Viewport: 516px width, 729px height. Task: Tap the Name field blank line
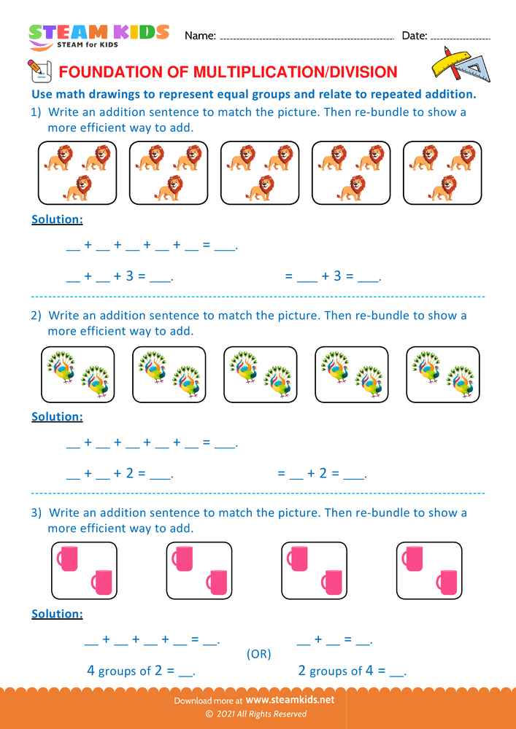point(307,37)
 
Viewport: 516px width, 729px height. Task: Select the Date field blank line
point(461,37)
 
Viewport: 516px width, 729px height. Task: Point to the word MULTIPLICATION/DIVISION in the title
point(295,71)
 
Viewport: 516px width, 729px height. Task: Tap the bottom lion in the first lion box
point(77,188)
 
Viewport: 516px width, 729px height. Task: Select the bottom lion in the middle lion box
point(261,188)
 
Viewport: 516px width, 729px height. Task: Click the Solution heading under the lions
point(57,219)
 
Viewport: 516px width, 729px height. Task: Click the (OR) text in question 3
point(259,654)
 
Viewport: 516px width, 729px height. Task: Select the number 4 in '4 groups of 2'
point(91,670)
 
